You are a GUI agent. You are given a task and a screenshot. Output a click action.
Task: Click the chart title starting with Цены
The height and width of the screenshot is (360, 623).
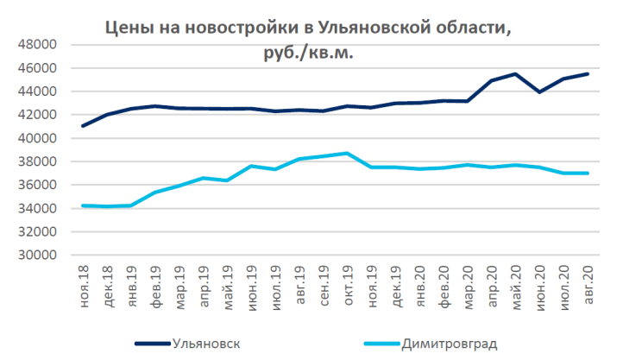[307, 28]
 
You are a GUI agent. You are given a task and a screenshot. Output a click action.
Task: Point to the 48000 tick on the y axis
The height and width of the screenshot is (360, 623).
[38, 44]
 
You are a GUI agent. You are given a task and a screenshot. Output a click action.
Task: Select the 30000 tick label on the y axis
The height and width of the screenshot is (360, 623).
[38, 255]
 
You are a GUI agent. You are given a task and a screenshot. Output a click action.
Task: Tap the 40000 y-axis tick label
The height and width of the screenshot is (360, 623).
[38, 138]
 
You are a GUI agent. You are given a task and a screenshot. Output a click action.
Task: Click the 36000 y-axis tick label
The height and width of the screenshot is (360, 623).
[38, 185]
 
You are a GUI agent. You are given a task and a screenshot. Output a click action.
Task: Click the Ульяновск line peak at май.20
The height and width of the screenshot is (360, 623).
[515, 74]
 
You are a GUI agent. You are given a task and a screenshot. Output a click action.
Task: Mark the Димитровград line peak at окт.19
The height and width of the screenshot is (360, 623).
[347, 154]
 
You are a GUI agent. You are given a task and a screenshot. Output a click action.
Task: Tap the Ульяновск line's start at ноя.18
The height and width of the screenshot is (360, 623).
[84, 126]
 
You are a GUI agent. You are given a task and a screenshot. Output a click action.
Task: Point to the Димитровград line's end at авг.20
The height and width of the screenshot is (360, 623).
[588, 174]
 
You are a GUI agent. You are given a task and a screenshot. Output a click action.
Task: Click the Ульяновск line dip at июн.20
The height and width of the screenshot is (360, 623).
[539, 92]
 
